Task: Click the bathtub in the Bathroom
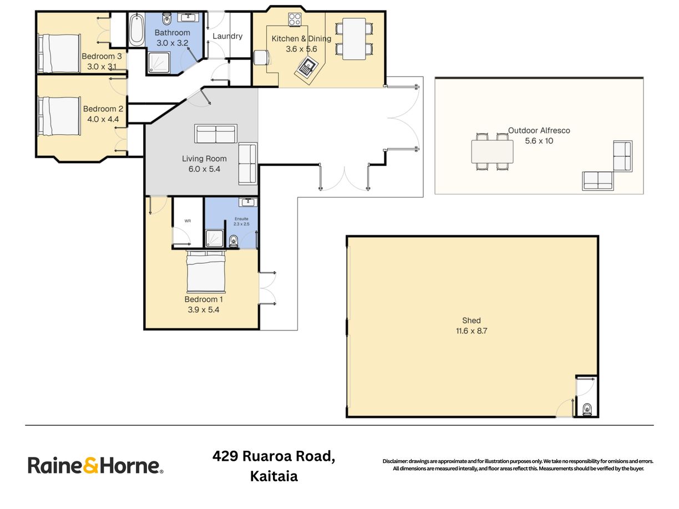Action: coord(136,31)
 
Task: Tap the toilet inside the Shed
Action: coord(587,409)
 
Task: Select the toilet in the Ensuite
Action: coord(234,240)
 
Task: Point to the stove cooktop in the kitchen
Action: coord(295,19)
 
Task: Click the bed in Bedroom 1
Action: coord(206,272)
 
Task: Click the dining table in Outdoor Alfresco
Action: coord(492,151)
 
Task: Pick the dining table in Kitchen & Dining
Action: coord(354,39)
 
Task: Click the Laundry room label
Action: coord(227,36)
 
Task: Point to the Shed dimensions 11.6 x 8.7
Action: coord(471,331)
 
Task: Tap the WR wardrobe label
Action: coord(188,221)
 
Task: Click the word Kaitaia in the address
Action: coord(274,476)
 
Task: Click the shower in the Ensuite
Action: coord(214,239)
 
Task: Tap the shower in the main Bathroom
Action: coord(159,63)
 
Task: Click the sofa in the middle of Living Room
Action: coord(216,135)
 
